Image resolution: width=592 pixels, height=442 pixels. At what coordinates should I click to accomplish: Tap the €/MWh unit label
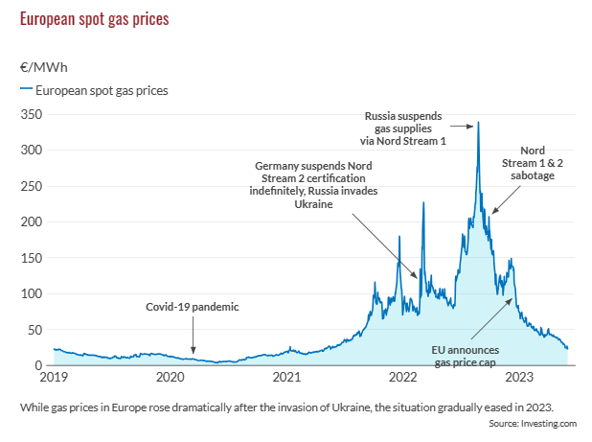coord(43,68)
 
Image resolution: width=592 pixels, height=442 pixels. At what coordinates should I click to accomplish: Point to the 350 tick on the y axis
coord(32,114)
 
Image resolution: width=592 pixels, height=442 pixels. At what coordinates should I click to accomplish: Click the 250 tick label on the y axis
coord(32,186)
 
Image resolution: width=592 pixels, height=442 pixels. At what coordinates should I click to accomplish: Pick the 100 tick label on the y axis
coord(32,293)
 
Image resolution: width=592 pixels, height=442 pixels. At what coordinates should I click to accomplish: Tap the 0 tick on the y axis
coord(38,365)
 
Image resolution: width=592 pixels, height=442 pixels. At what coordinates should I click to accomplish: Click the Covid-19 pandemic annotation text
coord(192,308)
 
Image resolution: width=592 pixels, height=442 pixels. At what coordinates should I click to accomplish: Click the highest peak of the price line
coord(478,123)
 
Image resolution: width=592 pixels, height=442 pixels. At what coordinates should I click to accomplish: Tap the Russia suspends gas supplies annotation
coord(405,128)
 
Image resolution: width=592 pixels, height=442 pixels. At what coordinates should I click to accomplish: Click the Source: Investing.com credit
coord(532,423)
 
